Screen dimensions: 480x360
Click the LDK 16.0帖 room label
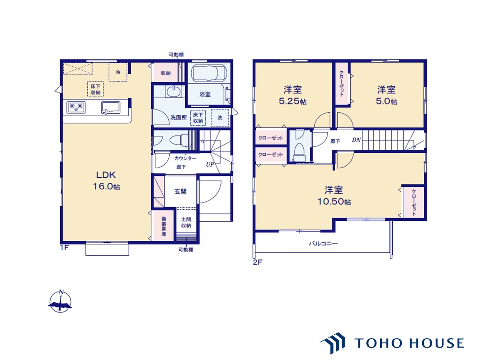[106, 180]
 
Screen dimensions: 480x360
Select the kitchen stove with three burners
[76, 107]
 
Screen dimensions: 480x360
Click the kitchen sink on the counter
[111, 108]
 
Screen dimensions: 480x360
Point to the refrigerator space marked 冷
[118, 72]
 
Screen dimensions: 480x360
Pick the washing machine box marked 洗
[220, 118]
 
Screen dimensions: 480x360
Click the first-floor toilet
[179, 140]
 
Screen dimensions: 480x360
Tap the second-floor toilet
[299, 152]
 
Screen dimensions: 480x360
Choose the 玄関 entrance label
[180, 192]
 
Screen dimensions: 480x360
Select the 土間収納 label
[186, 222]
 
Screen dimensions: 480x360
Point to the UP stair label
[210, 164]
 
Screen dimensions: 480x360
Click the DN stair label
[356, 139]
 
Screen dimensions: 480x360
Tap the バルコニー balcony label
[323, 243]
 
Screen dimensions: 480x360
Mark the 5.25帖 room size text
[292, 101]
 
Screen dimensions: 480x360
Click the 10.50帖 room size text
[334, 201]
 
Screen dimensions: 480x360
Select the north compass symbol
[60, 301]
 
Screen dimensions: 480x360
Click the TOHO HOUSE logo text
[409, 343]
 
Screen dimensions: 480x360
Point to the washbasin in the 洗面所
[174, 91]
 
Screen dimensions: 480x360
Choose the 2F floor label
[257, 262]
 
